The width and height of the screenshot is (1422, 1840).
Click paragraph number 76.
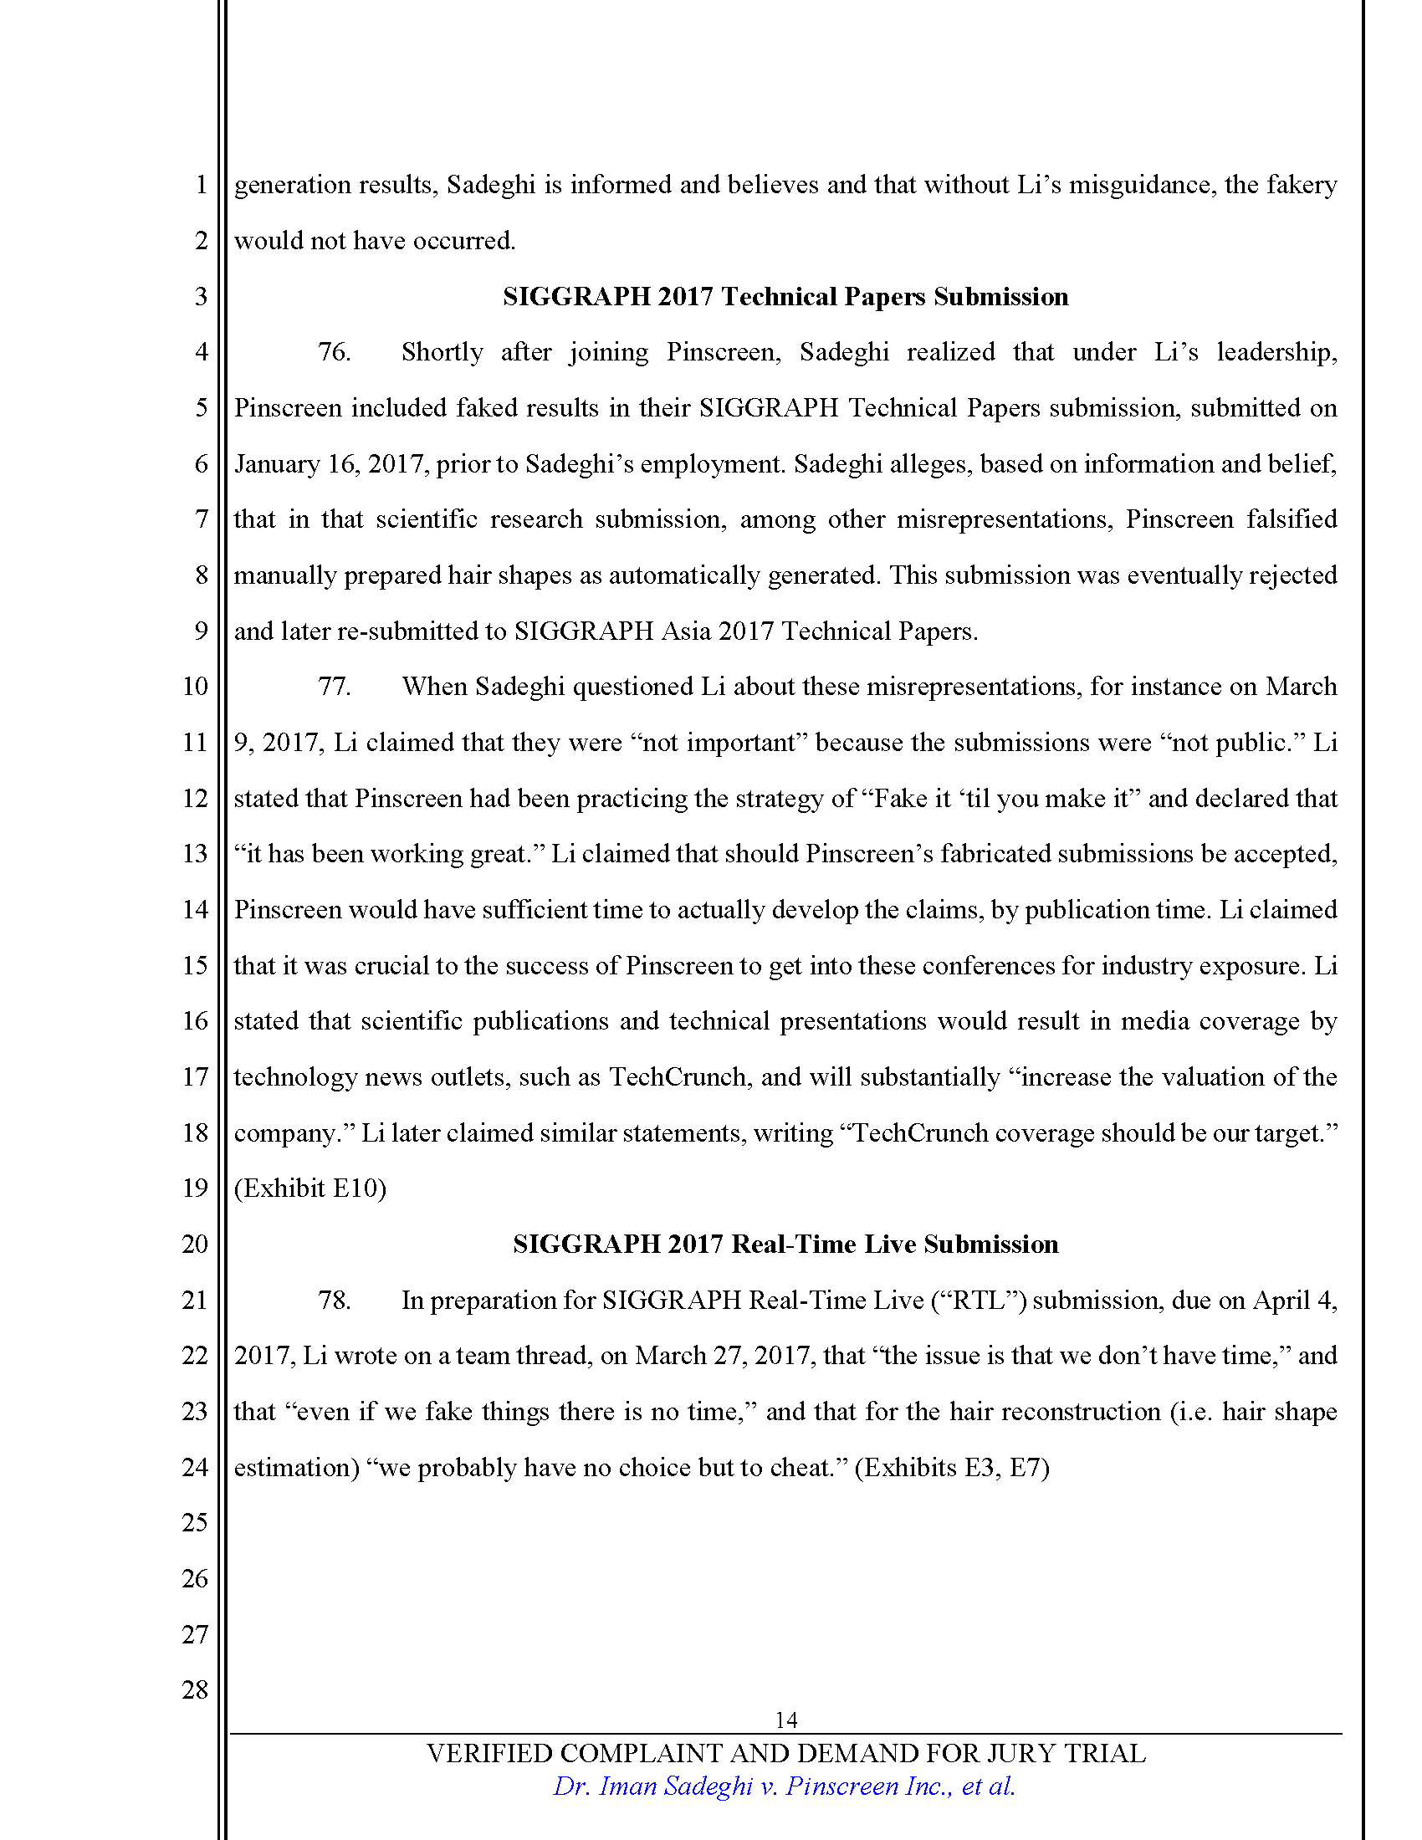click(x=334, y=352)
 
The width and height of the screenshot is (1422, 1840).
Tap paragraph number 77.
click(x=334, y=687)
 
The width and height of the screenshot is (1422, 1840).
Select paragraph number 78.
click(x=334, y=1300)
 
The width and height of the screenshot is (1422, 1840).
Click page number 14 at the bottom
click(x=785, y=1720)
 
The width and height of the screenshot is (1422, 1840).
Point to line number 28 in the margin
click(x=195, y=1689)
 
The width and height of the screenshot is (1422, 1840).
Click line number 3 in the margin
click(x=201, y=297)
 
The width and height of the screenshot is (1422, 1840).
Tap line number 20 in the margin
click(x=195, y=1245)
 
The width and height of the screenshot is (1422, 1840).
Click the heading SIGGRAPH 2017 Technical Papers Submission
click(x=785, y=297)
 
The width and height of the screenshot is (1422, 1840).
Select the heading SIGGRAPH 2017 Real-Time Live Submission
click(x=785, y=1245)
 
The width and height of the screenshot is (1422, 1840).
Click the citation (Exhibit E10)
click(x=310, y=1188)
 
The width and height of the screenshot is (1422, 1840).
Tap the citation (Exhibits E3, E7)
click(x=952, y=1468)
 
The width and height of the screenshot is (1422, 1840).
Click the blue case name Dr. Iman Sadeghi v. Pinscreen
click(x=784, y=1786)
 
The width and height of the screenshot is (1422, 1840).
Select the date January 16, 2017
click(x=330, y=464)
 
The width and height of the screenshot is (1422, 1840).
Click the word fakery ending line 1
click(x=1302, y=186)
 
